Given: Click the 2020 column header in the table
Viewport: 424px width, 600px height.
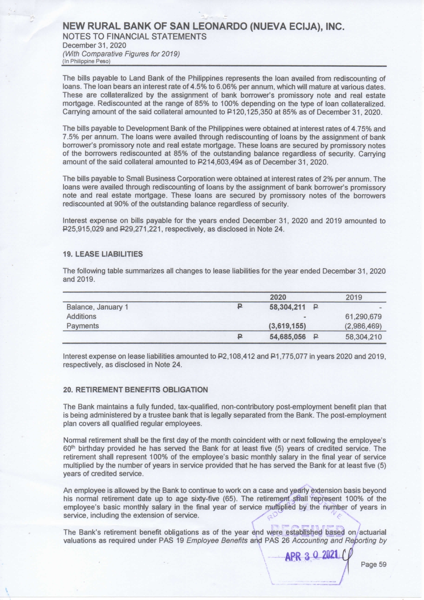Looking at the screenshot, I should (278, 297).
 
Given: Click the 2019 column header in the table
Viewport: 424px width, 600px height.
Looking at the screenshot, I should (354, 297).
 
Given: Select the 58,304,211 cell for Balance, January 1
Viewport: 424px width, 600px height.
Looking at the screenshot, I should (287, 307).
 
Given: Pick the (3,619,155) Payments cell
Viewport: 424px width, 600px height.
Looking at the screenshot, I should (288, 326).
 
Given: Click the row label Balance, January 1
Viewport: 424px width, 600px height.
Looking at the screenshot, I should (97, 307).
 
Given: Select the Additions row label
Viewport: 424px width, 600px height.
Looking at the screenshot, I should (81, 316).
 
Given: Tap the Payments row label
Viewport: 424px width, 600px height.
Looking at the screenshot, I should (83, 326).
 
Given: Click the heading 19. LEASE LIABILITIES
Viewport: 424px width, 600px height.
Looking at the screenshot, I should (103, 254).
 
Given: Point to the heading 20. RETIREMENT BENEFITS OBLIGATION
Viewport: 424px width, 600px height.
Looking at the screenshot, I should (135, 389).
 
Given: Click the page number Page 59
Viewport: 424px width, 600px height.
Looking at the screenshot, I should (373, 564).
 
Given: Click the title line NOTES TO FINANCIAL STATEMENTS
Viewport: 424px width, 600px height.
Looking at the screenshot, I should (135, 37).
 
